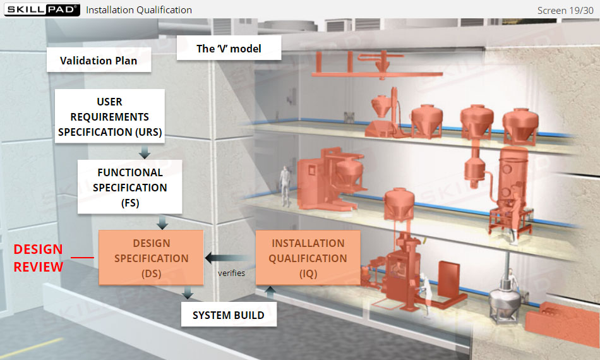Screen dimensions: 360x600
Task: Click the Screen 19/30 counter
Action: [565, 10]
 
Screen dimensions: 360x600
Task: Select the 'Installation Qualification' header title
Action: [139, 10]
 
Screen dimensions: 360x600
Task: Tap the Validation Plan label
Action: [99, 61]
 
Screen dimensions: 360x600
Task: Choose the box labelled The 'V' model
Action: [229, 49]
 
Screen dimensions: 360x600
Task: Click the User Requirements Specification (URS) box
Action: [110, 117]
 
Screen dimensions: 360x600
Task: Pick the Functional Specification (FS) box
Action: [130, 187]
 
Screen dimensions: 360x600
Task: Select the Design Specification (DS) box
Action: [151, 258]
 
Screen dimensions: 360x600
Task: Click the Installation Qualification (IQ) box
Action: [308, 258]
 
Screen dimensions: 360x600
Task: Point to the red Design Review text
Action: [39, 258]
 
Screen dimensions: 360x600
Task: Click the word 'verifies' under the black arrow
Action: [231, 273]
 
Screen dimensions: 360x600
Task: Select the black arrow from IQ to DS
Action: [229, 258]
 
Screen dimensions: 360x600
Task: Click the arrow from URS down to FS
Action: [145, 152]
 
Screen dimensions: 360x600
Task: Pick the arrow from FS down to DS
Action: [162, 222]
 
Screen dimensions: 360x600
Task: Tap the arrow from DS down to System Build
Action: [187, 293]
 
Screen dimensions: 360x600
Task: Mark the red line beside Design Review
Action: [82, 257]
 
